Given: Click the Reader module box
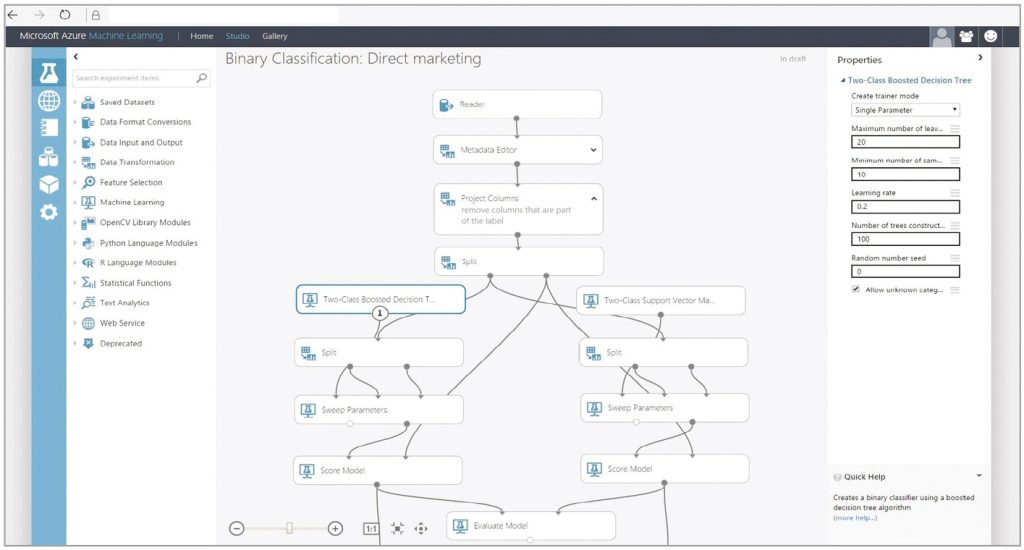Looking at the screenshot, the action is pos(517,104).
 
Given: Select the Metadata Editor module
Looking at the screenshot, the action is pos(517,150).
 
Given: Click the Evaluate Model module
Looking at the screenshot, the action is pos(530,526).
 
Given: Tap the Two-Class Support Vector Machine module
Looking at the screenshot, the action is pos(660,300).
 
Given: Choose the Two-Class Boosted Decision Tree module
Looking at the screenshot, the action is pos(381,299).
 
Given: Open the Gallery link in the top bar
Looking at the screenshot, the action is pos(274,36).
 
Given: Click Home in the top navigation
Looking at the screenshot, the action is pos(201,36).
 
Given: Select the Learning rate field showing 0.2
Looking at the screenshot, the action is pos(905,206).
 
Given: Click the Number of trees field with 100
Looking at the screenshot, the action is pos(905,239).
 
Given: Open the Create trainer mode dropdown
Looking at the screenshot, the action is pos(905,110).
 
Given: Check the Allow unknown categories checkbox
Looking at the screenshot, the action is pos(856,289).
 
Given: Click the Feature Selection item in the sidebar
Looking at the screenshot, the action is pos(131,182).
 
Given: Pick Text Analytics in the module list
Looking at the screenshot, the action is pos(124,302).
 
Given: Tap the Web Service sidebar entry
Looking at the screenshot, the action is pos(122,323).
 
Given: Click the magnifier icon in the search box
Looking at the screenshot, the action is pos(202,78).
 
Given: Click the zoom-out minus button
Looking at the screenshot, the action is pos(237,528).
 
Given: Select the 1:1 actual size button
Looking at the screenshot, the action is pos(370,528).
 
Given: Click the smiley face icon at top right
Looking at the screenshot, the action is pos(991,36).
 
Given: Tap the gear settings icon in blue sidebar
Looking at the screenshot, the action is pos(49,212).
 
